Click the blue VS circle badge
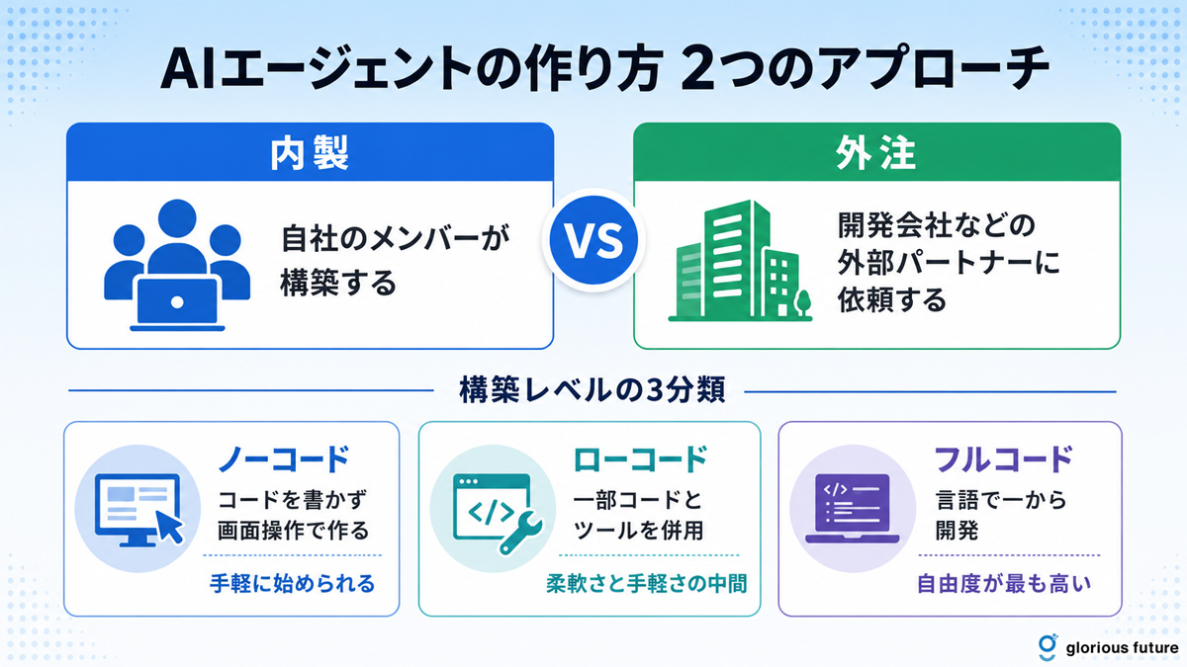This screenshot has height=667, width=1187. pos(593,240)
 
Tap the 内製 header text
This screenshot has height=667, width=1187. pos(310,153)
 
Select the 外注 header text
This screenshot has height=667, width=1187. pos(876,153)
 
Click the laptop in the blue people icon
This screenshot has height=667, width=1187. pos(177,302)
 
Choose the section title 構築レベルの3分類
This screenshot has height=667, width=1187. pos(592,390)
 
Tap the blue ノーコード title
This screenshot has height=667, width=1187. pos(284,459)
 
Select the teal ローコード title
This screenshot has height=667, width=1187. pos(641,459)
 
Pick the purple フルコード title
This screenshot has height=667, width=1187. pos(1003,459)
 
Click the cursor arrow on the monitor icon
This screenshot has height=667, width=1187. pos(169,527)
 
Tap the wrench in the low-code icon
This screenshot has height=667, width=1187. pos(520,533)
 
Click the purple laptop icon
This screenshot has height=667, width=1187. pos(852,508)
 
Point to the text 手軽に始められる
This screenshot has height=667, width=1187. pos(292,583)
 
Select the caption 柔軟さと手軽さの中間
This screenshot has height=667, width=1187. pos(647,583)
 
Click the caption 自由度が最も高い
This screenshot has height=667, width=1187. pos(1004,583)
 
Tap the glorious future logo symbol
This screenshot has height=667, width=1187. pos(1048,647)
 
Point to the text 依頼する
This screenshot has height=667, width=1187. pos(892,299)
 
